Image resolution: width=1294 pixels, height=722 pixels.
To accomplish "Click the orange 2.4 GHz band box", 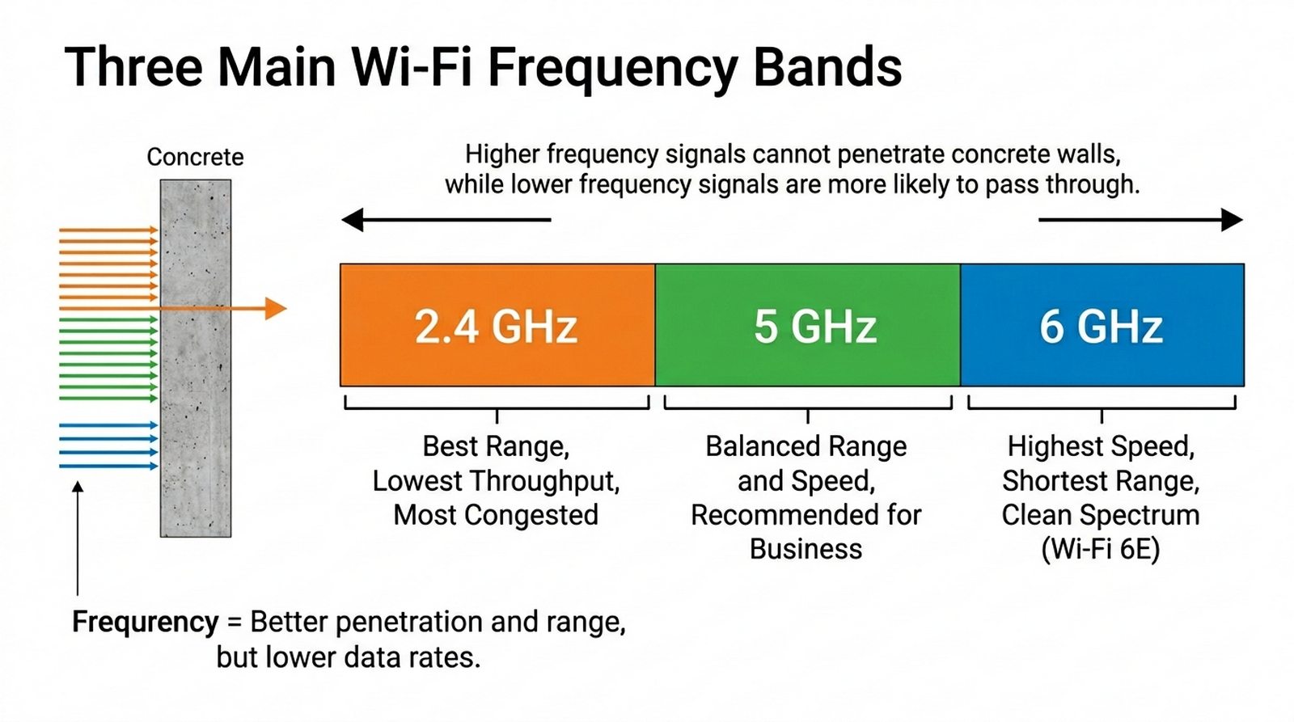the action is pyautogui.click(x=497, y=324).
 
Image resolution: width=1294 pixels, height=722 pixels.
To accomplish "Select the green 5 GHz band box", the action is pyautogui.click(x=808, y=324).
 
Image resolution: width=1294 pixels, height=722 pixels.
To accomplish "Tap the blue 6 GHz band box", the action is pyautogui.click(x=1102, y=324).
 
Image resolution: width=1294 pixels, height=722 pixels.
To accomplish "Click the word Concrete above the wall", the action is pyautogui.click(x=195, y=157).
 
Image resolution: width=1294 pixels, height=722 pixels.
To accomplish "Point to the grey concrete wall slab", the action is pyautogui.click(x=196, y=358).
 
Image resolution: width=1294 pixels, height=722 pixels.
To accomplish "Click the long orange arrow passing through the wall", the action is pyautogui.click(x=222, y=308).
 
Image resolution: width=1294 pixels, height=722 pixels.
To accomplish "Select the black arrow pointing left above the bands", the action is pyautogui.click(x=446, y=219).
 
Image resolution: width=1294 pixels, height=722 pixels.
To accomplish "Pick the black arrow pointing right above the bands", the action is pyautogui.click(x=1141, y=219).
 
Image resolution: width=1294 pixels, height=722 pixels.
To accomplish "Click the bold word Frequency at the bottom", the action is pyautogui.click(x=146, y=622).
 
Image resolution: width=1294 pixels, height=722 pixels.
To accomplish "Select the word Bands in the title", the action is pyautogui.click(x=828, y=67).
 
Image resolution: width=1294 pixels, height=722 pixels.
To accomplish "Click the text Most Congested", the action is pyautogui.click(x=496, y=515).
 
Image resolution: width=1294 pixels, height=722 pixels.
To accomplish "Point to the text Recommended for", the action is pyautogui.click(x=806, y=515).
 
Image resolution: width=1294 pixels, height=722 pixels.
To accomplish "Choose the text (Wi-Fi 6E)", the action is pyautogui.click(x=1101, y=549).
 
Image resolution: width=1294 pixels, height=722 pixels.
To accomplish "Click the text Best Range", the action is pyautogui.click(x=496, y=446).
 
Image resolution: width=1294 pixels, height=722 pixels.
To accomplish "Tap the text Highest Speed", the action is pyautogui.click(x=1101, y=446).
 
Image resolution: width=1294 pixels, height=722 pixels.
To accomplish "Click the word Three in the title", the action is pyautogui.click(x=133, y=67).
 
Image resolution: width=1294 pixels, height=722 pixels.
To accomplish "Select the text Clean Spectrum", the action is pyautogui.click(x=1101, y=515).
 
